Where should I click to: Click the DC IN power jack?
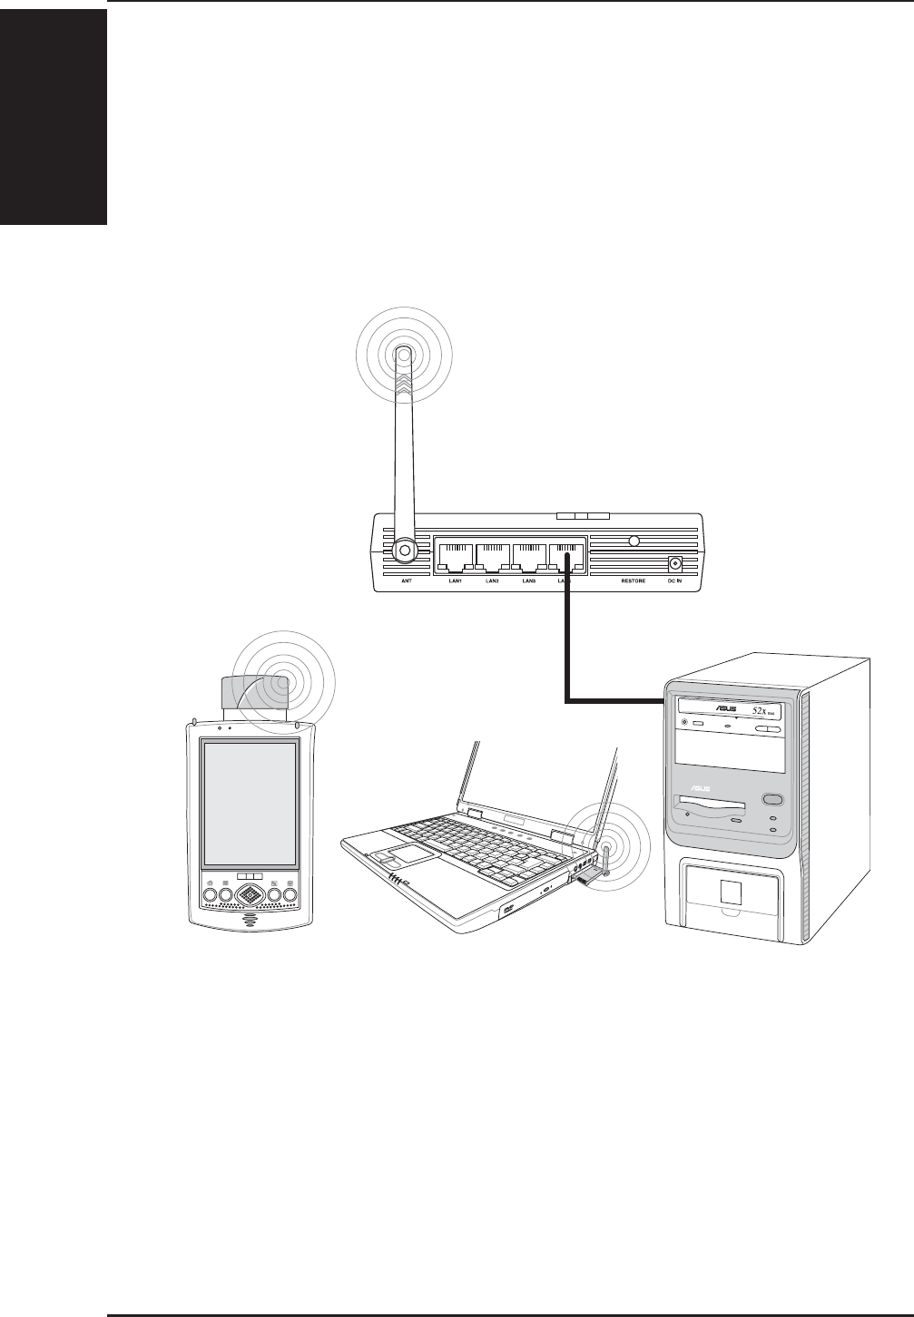coord(674,563)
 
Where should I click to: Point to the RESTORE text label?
coord(633,580)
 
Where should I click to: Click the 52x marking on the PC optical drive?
coord(762,712)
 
